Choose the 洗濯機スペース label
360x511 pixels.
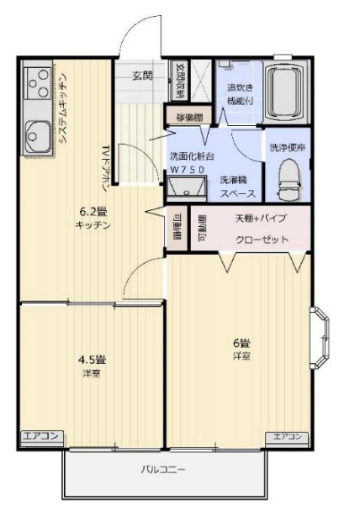(x=233, y=186)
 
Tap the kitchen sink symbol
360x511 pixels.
(x=37, y=132)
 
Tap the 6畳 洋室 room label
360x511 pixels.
(x=241, y=348)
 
